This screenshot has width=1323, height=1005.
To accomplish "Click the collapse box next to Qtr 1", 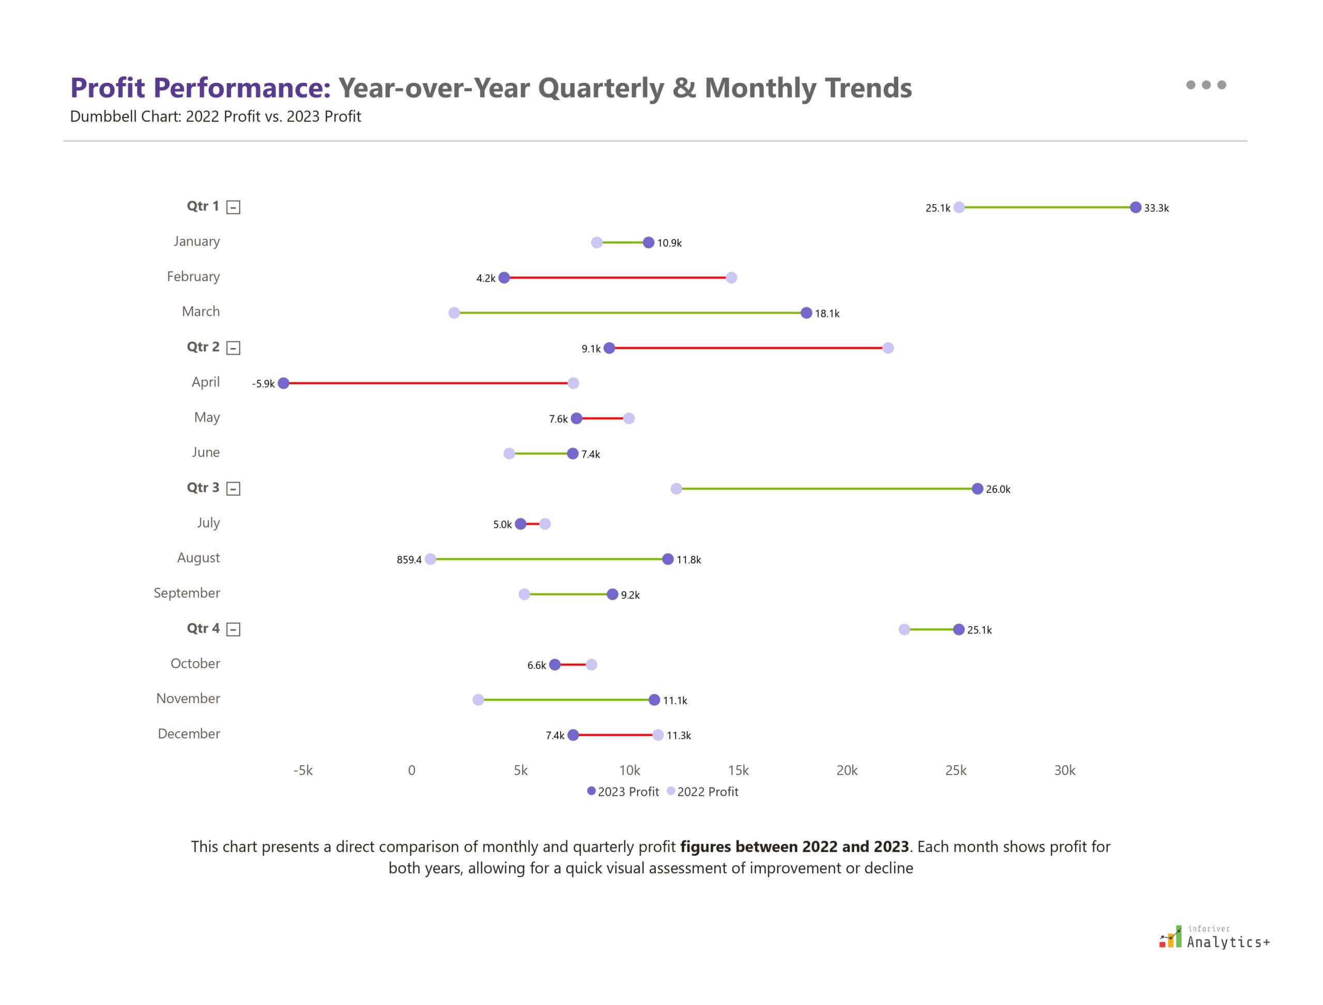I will click(234, 208).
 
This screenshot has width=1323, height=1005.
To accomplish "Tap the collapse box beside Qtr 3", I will click(234, 489).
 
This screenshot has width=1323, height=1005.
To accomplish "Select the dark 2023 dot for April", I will click(284, 383).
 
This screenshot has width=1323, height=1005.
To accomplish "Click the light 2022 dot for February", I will click(731, 277).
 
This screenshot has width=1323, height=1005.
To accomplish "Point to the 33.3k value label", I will click(1156, 208).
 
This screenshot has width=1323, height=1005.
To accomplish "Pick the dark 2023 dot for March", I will click(806, 313).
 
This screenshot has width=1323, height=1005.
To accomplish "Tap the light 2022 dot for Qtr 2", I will click(888, 348).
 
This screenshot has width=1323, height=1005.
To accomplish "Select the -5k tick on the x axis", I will click(303, 770).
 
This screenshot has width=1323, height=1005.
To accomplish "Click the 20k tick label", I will click(847, 770).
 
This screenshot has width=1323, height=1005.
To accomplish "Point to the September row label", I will click(187, 593).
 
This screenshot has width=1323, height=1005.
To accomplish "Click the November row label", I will click(188, 699).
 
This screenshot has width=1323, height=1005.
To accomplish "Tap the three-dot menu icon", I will click(1206, 85).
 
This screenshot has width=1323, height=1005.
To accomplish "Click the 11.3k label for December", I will click(679, 736).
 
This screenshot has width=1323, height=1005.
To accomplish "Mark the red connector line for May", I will click(602, 418).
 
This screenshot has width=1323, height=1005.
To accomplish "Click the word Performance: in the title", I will click(242, 88).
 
